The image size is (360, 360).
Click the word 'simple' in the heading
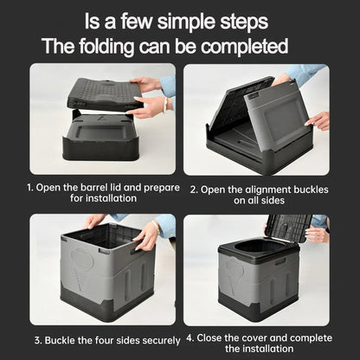coord(184,19)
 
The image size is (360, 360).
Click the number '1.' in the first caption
coord(31,186)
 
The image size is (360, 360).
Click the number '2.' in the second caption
coord(196,186)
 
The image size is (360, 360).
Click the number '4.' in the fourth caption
coord(190,338)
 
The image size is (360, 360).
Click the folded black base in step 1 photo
coord(100,138)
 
